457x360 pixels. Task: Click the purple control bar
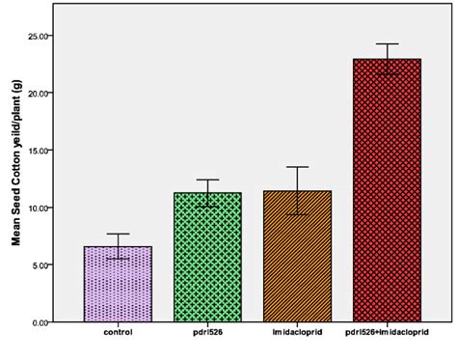118,285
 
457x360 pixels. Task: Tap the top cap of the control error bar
118,234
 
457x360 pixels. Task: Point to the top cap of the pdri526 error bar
207,180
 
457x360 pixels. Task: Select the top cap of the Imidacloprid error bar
297,167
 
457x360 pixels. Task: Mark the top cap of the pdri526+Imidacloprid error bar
387,44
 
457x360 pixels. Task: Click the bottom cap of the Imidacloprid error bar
297,214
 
